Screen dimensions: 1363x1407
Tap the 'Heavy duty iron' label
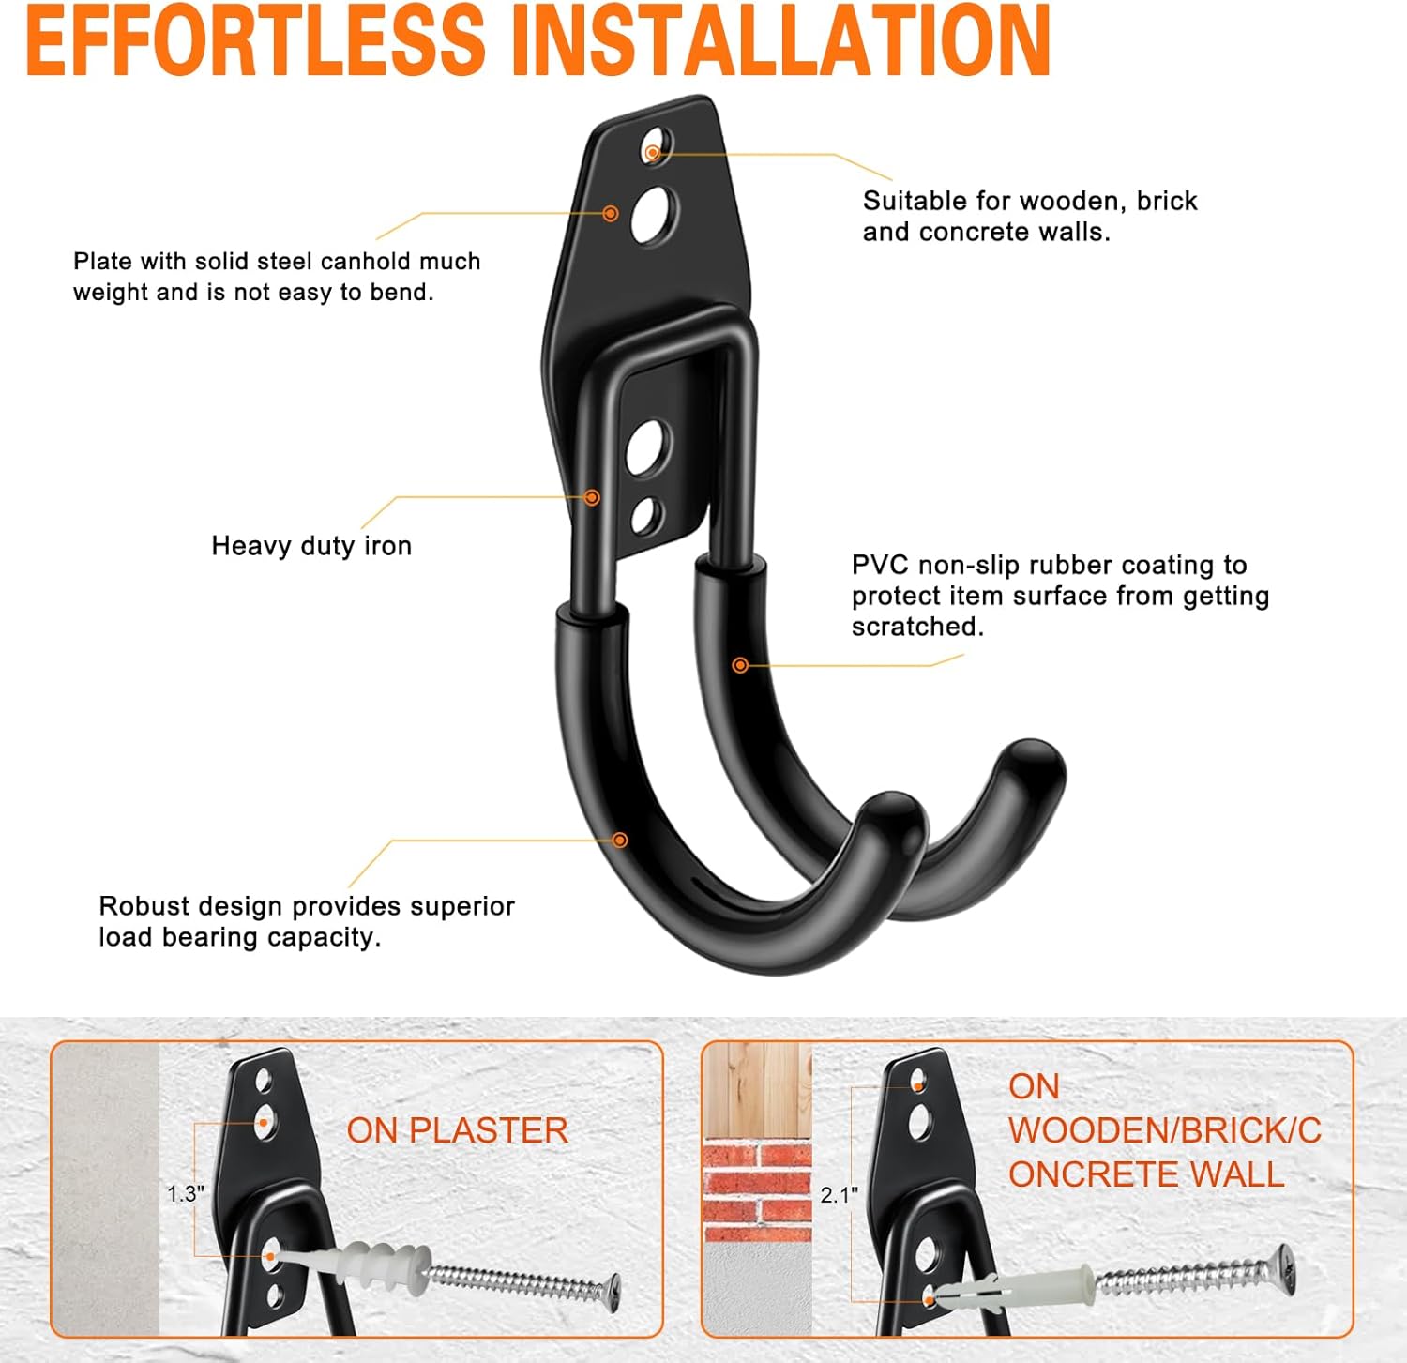pos(311,546)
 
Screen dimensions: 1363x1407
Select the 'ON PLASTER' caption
pos(457,1130)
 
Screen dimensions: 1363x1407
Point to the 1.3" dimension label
pos(185,1193)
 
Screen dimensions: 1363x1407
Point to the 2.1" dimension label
pos(839,1194)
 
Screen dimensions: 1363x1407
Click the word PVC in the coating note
pos(881,565)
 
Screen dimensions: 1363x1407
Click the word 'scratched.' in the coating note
pos(917,627)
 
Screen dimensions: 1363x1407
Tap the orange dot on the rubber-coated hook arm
pos(740,665)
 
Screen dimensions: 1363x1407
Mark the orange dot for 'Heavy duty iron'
pos(592,497)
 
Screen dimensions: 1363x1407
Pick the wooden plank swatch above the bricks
pos(757,1088)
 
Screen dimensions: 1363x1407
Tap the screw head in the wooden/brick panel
pos(1284,1263)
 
